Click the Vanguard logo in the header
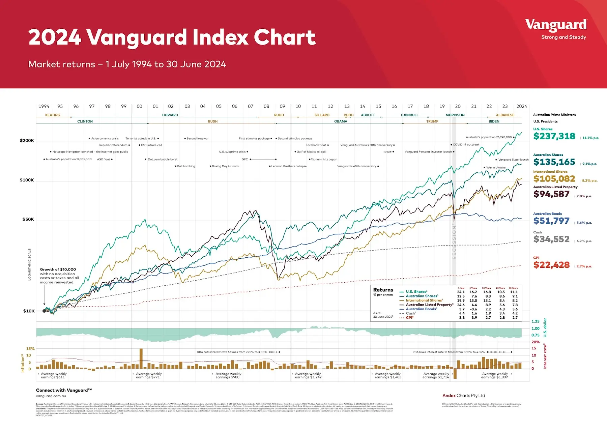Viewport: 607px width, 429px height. [556, 25]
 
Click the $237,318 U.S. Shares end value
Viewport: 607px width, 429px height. [554, 136]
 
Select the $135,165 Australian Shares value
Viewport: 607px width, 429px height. [554, 162]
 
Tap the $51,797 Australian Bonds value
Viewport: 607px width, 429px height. [551, 221]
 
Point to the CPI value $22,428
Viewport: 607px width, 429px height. [551, 265]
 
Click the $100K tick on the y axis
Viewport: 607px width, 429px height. [27, 180]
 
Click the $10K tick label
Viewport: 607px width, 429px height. [29, 311]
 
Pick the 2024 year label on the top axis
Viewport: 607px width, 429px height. [521, 106]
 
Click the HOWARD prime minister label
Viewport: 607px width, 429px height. [170, 115]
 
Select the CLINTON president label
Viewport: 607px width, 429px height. [85, 121]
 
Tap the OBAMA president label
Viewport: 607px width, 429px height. [341, 121]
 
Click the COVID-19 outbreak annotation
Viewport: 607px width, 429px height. [466, 145]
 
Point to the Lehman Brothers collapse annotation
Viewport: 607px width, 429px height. [289, 166]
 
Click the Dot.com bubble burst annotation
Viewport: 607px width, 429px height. [162, 159]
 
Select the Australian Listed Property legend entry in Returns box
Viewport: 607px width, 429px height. [429, 305]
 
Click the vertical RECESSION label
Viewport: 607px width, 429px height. [454, 241]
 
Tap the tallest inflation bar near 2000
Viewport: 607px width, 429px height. [141, 358]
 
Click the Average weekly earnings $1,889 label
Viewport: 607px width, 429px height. [495, 376]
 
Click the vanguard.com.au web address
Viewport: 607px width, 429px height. [51, 396]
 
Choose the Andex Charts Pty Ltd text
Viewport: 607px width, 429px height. [464, 396]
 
